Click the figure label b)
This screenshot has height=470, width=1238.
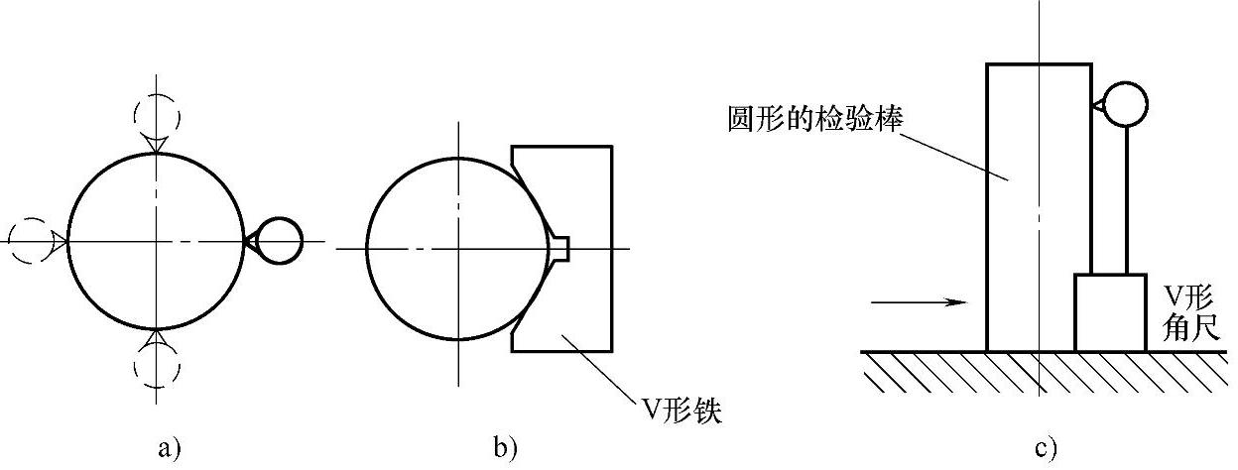(x=505, y=448)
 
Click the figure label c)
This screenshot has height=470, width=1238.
(x=1045, y=448)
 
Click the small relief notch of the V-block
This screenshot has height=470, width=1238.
(x=562, y=247)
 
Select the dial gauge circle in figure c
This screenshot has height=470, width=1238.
(x=1124, y=103)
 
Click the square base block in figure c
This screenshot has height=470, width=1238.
(x=1110, y=312)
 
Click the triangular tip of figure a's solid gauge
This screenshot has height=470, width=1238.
(x=250, y=241)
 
